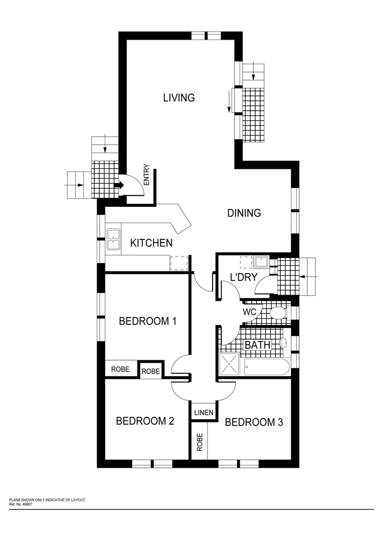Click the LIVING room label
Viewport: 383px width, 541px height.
pyautogui.click(x=179, y=98)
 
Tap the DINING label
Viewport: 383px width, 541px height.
pyautogui.click(x=244, y=213)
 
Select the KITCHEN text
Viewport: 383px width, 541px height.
pyautogui.click(x=151, y=243)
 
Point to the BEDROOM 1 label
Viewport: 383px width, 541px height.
pyautogui.click(x=147, y=321)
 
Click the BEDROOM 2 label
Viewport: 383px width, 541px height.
pyautogui.click(x=145, y=421)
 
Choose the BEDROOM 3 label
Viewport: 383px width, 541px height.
pyautogui.click(x=254, y=422)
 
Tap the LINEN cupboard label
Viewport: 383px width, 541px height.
pyautogui.click(x=204, y=413)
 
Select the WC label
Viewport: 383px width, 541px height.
pyautogui.click(x=250, y=312)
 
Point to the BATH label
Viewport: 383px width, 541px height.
pyautogui.click(x=257, y=345)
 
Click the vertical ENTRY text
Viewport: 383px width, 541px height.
pyautogui.click(x=146, y=175)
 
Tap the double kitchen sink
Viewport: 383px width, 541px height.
pyautogui.click(x=113, y=239)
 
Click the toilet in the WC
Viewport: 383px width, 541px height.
pyautogui.click(x=277, y=313)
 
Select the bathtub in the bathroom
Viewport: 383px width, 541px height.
pyautogui.click(x=266, y=367)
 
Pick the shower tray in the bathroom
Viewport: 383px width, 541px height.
pyautogui.click(x=229, y=364)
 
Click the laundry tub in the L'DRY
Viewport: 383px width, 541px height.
pyautogui.click(x=261, y=262)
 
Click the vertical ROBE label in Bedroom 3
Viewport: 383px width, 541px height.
pyautogui.click(x=200, y=442)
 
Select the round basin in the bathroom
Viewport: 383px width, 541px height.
pyautogui.click(x=284, y=343)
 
